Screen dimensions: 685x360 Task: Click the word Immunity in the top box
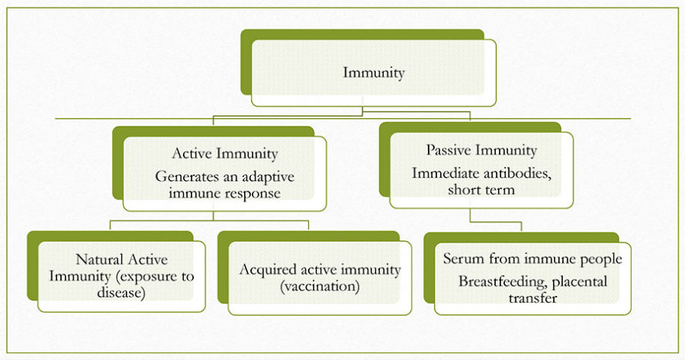pos(374,73)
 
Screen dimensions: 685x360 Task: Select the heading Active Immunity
pos(225,154)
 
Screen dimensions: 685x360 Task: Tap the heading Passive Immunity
pos(481,151)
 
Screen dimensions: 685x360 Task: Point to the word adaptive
pos(268,178)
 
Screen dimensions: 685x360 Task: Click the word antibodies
pos(517,174)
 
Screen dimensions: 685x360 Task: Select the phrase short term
pos(481,190)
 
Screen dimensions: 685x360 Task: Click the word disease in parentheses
pos(121,292)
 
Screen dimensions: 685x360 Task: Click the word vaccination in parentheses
pos(320,287)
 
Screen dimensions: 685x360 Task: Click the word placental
pos(579,282)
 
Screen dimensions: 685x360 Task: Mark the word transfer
pos(533,298)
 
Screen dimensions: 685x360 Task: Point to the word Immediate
pos(446,174)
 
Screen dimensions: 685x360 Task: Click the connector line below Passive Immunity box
pos(496,222)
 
